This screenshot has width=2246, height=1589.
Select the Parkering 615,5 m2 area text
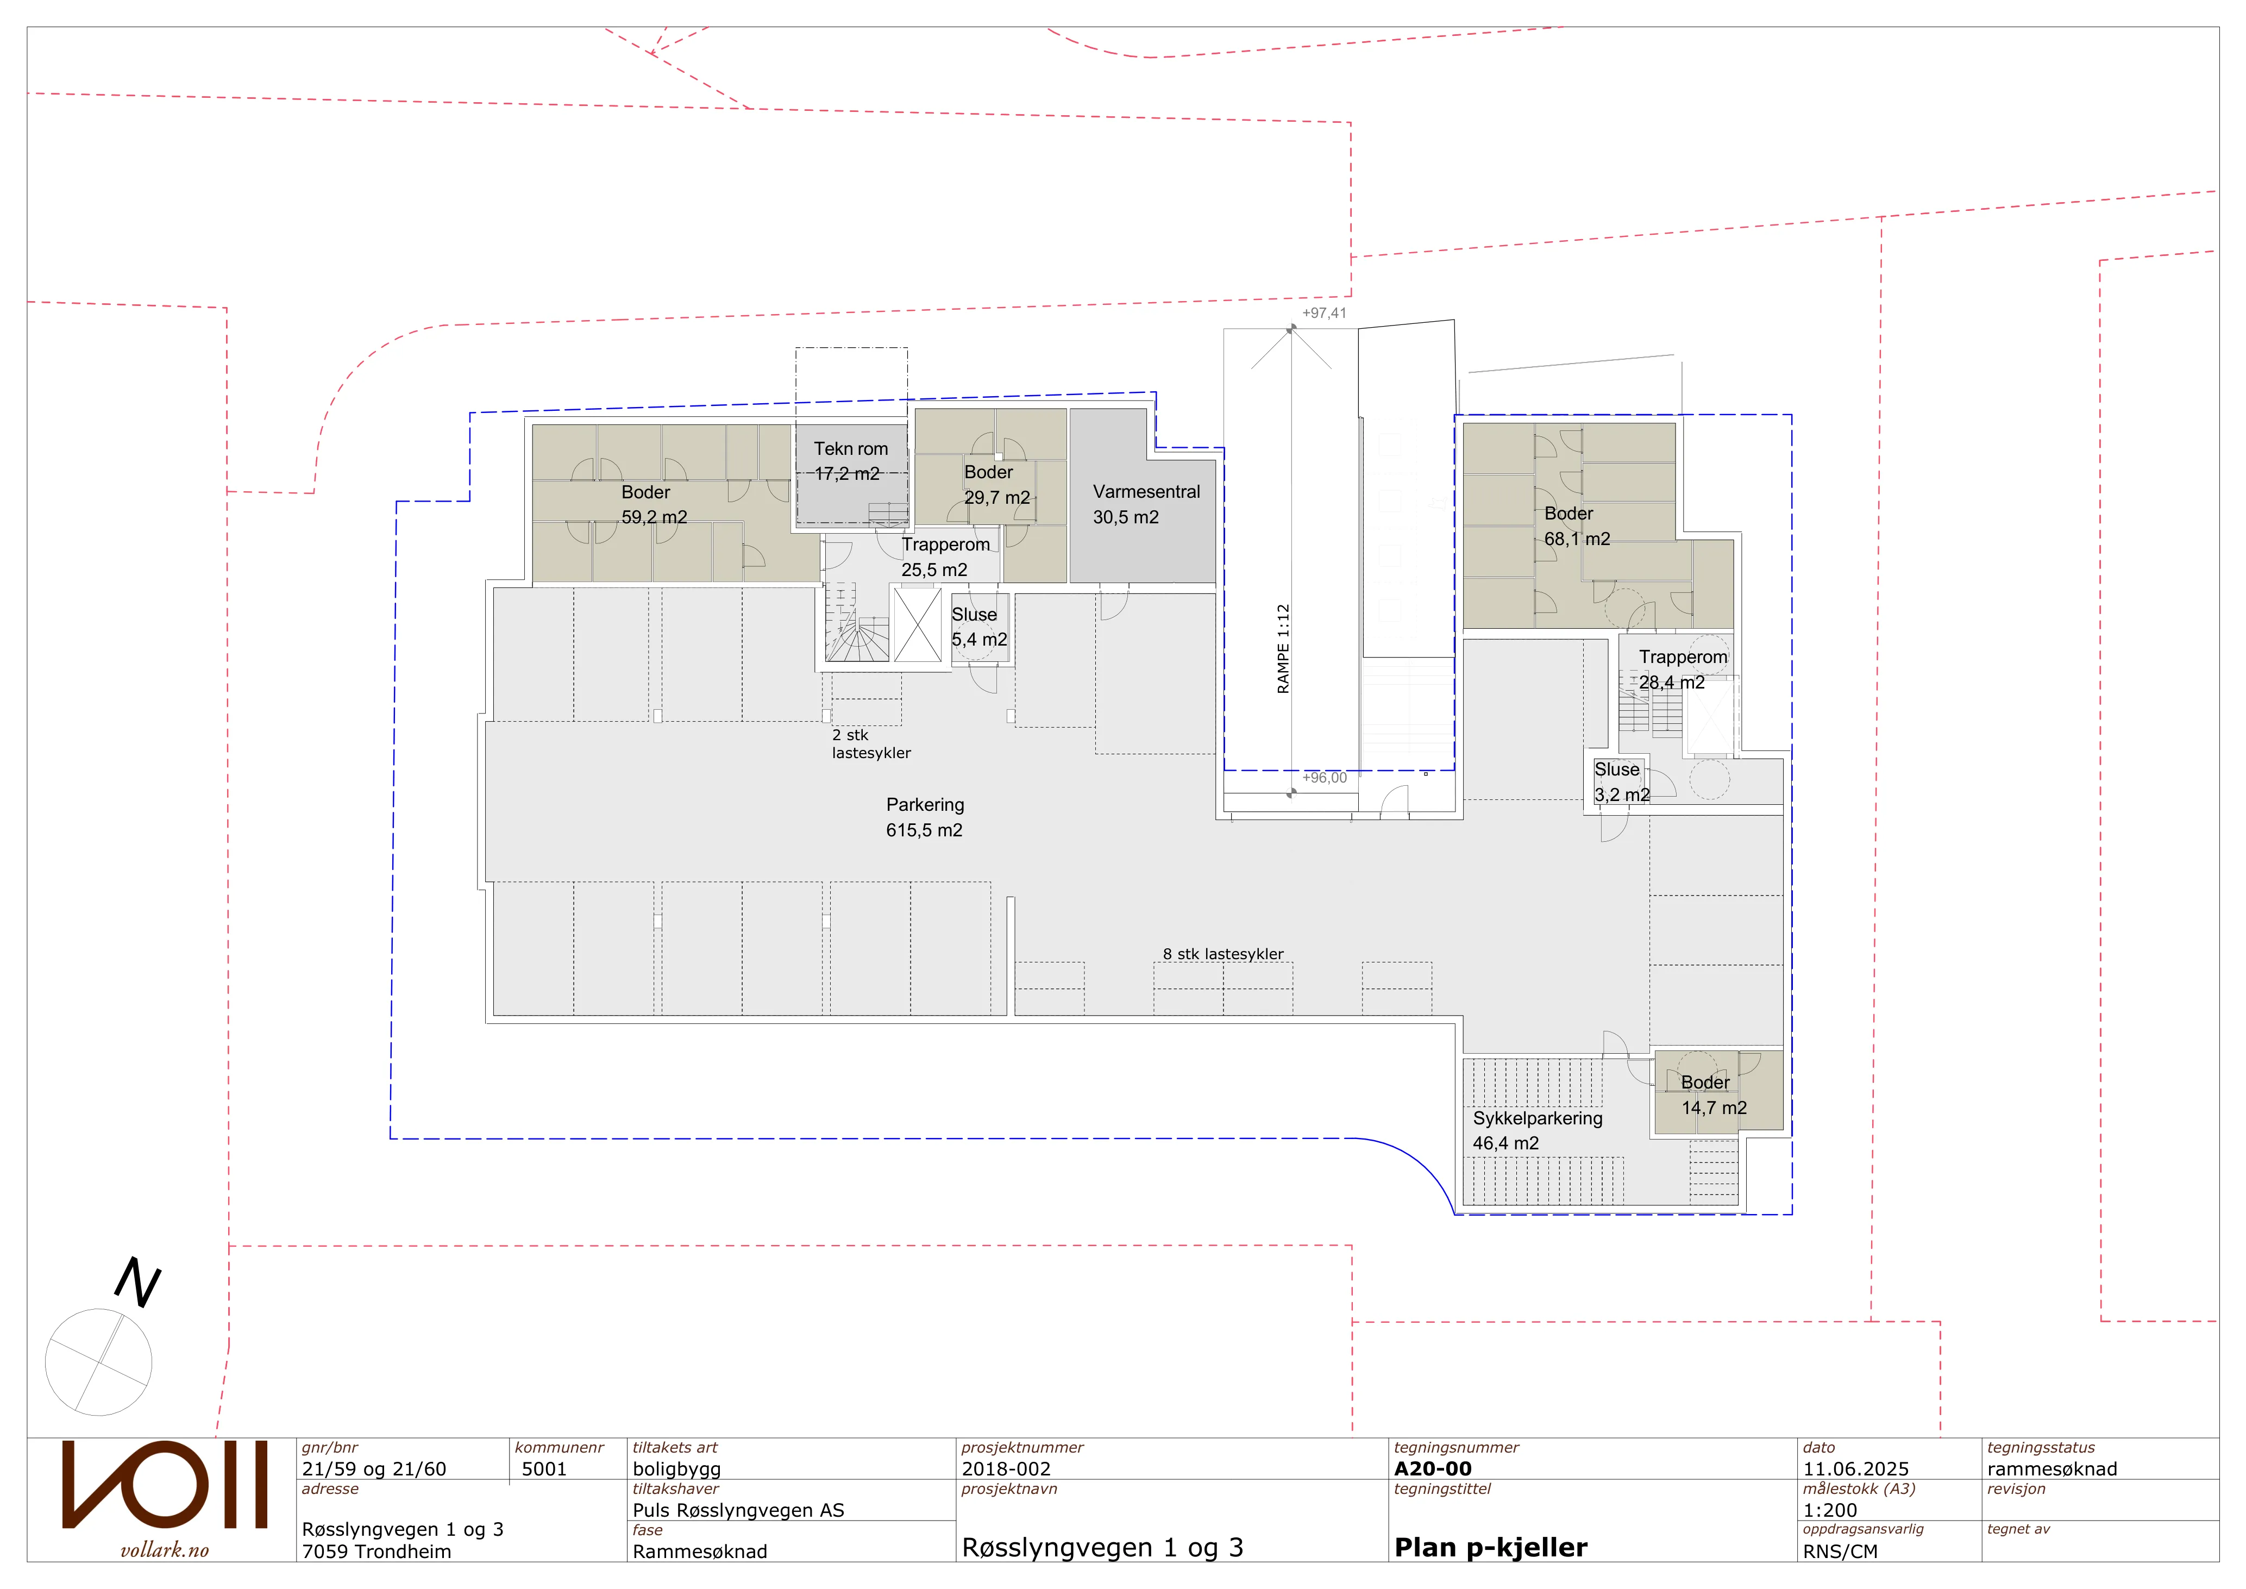(x=924, y=817)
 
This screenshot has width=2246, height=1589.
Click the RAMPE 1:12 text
(x=1283, y=649)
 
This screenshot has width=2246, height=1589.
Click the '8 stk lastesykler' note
(x=1223, y=954)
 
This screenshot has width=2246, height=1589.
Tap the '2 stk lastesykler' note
(x=870, y=743)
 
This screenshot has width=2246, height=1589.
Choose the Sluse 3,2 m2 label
(x=1622, y=782)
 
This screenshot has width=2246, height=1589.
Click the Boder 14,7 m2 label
(x=1714, y=1095)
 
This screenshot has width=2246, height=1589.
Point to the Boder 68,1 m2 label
(x=1577, y=526)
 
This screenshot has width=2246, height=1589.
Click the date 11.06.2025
(x=1856, y=1469)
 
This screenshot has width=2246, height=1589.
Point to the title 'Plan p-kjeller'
(x=1491, y=1548)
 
